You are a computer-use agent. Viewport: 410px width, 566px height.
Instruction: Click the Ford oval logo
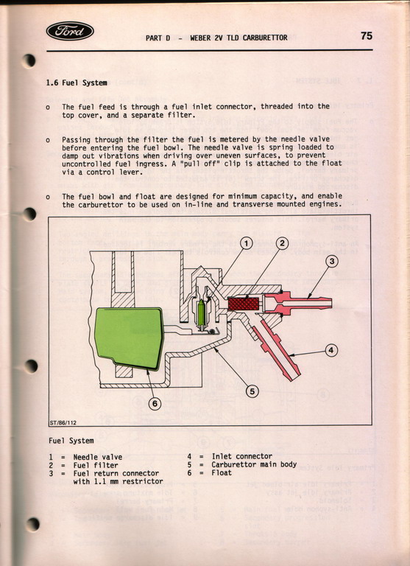pyautogui.click(x=70, y=31)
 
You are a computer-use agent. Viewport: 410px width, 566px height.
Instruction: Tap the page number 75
pyautogui.click(x=367, y=35)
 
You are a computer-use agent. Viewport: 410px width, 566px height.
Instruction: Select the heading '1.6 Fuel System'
pyautogui.click(x=77, y=83)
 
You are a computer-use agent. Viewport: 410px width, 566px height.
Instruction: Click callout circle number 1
pyautogui.click(x=247, y=245)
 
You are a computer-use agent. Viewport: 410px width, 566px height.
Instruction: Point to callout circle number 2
pyautogui.click(x=283, y=244)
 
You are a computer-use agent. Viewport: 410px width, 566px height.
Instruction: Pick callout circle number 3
pyautogui.click(x=332, y=261)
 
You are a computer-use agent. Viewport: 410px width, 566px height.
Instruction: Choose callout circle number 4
pyautogui.click(x=331, y=350)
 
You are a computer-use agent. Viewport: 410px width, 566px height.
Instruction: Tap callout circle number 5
pyautogui.click(x=252, y=391)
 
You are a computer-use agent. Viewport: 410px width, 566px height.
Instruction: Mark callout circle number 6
pyautogui.click(x=155, y=404)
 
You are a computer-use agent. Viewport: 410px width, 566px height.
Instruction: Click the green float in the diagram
pyautogui.click(x=128, y=338)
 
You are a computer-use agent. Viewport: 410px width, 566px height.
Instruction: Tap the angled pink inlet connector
pyautogui.click(x=278, y=349)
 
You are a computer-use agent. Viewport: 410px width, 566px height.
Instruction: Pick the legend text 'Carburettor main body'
pyautogui.click(x=254, y=464)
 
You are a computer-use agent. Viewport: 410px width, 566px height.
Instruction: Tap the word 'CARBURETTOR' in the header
pyautogui.click(x=265, y=38)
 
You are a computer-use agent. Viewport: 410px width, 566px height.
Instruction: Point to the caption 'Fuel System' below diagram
pyautogui.click(x=71, y=441)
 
